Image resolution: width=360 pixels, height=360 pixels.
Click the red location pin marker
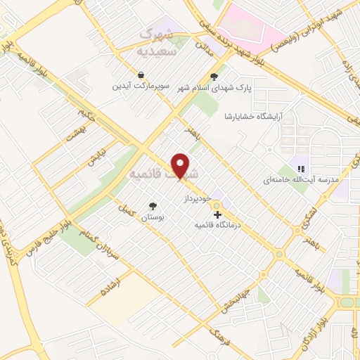coord(181,165)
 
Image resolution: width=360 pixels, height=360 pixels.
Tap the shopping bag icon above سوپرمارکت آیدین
coord(141,75)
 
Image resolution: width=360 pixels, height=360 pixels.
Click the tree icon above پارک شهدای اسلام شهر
coord(214,77)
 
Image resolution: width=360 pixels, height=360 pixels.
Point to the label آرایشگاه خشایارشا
coord(252,116)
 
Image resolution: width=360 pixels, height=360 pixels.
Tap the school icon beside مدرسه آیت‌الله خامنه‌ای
coord(300,169)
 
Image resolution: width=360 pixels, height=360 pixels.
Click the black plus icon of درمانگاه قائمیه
coord(217,214)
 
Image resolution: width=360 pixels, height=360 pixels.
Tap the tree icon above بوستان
coord(153,206)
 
